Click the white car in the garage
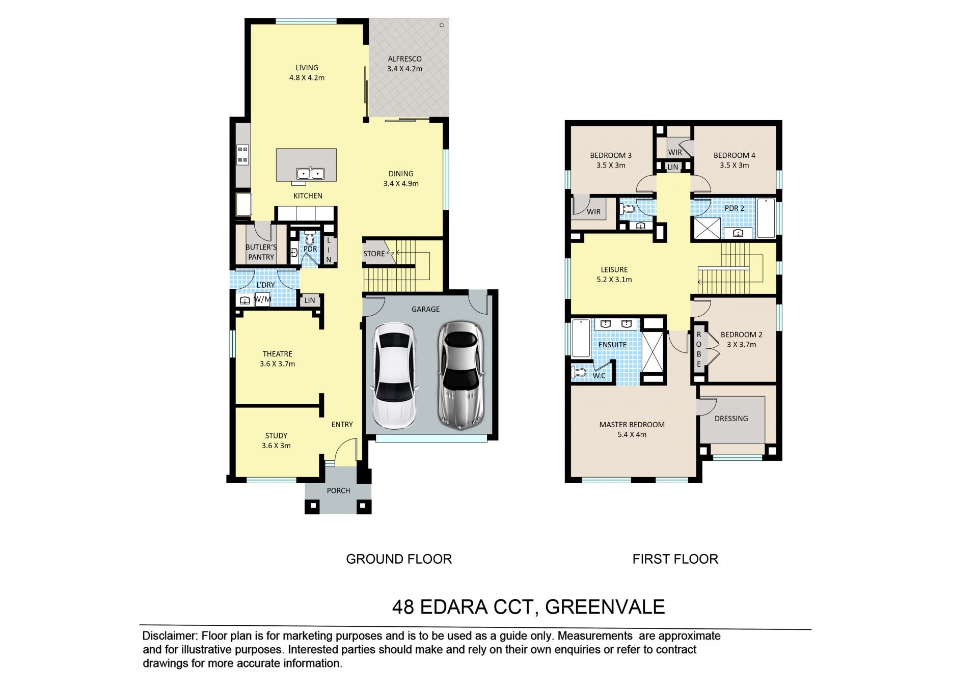tap(395, 376)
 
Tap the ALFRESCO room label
tap(404, 59)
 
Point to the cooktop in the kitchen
tap(242, 155)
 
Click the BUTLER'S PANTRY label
tap(261, 252)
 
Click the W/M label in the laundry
tap(262, 299)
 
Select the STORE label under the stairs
tap(374, 254)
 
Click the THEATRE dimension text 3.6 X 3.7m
tap(277, 364)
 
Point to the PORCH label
tap(338, 491)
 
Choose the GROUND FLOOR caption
tap(399, 559)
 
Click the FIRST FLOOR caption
tap(675, 559)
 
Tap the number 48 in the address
tap(403, 607)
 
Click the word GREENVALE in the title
tap(605, 607)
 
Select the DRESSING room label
tap(731, 419)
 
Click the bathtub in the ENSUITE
tap(581, 338)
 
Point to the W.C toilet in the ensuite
tap(578, 373)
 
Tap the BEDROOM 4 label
tap(734, 155)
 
